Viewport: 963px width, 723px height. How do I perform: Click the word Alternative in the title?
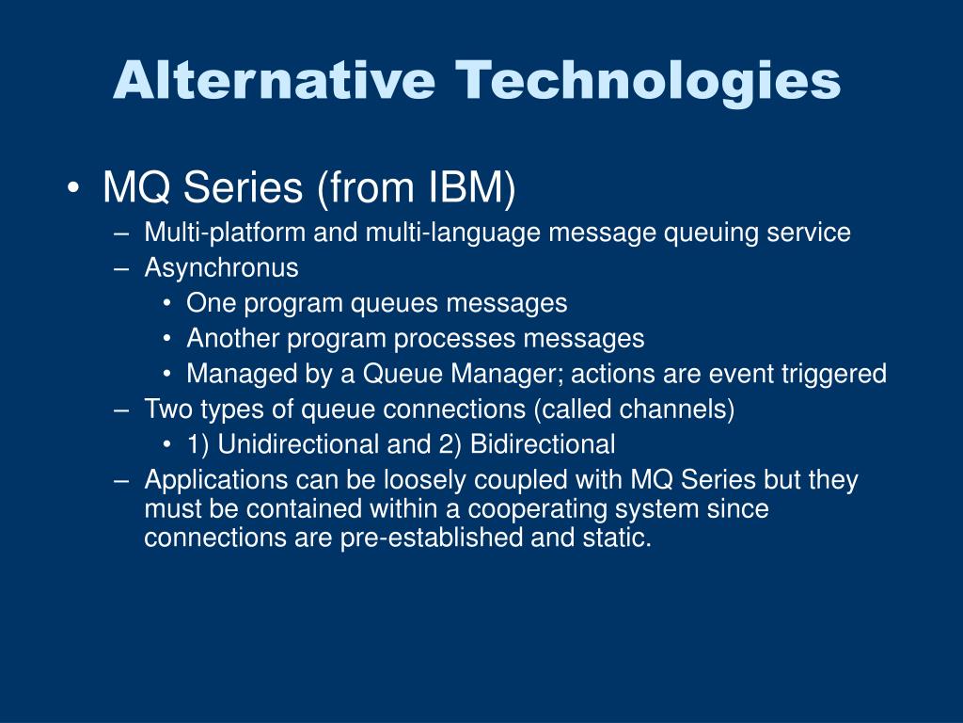pyautogui.click(x=275, y=80)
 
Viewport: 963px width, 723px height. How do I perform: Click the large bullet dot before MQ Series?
pyautogui.click(x=73, y=188)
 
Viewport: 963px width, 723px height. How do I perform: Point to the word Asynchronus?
pyautogui.click(x=221, y=268)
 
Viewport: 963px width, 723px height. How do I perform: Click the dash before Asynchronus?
pyautogui.click(x=121, y=269)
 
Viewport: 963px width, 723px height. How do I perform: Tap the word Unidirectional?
pyautogui.click(x=298, y=444)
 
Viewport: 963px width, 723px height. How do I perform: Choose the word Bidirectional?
pyautogui.click(x=543, y=444)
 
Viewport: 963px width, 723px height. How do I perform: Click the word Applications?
pyautogui.click(x=216, y=480)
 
